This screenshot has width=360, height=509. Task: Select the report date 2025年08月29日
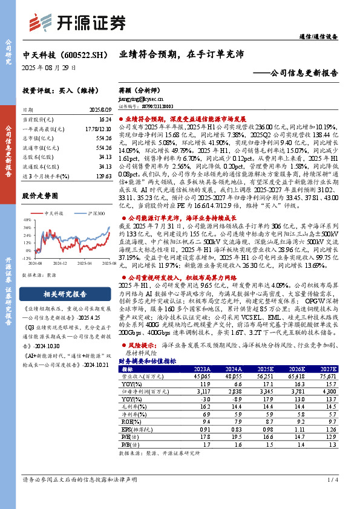(49, 68)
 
